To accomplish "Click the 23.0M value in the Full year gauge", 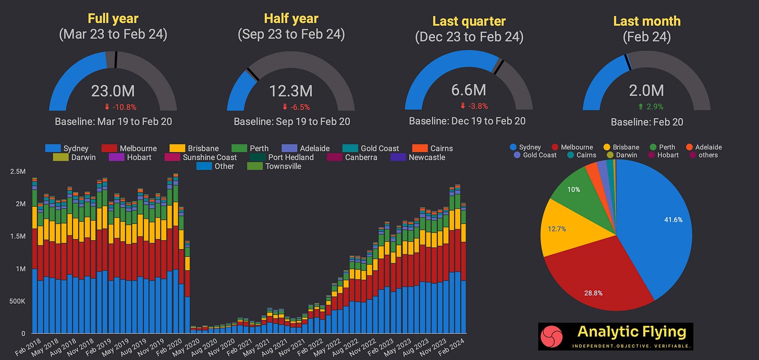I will coord(113,91).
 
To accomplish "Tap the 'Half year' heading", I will coord(291,19).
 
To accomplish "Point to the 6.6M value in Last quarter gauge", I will coord(469,90).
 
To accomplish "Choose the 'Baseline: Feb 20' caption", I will coord(646,122).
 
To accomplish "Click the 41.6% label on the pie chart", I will coord(672,220).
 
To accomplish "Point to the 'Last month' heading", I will coord(646,21).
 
